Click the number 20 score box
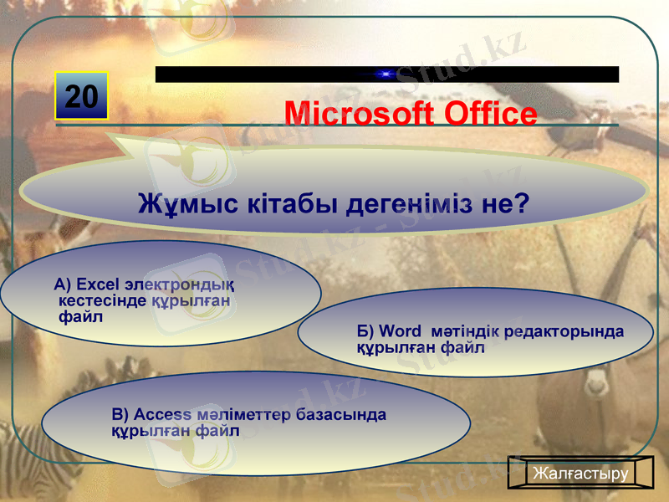[x=82, y=97]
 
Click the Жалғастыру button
[x=580, y=474]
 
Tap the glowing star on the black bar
[x=386, y=74]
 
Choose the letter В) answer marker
[x=120, y=415]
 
